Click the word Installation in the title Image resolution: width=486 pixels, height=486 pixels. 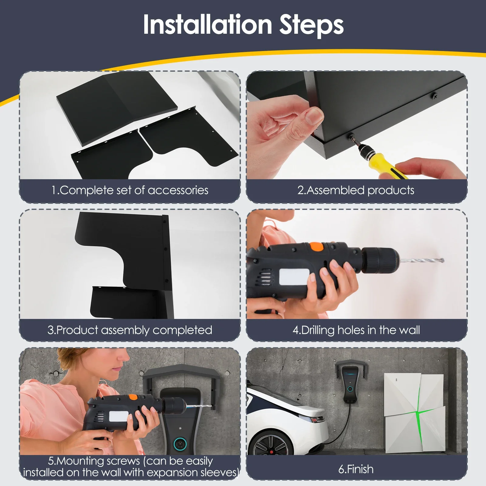tap(207, 25)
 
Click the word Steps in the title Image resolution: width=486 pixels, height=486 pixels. tap(312, 26)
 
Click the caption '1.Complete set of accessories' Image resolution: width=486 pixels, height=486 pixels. tap(130, 190)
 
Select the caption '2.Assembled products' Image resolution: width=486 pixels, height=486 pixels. tap(356, 190)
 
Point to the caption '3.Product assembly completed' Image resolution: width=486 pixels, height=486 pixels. tap(130, 330)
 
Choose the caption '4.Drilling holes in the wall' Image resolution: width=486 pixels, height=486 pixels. tap(356, 330)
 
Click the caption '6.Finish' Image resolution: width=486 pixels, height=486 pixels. tap(356, 469)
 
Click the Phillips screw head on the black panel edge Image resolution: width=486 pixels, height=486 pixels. tap(435, 97)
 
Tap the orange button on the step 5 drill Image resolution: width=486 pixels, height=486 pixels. tap(133, 397)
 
